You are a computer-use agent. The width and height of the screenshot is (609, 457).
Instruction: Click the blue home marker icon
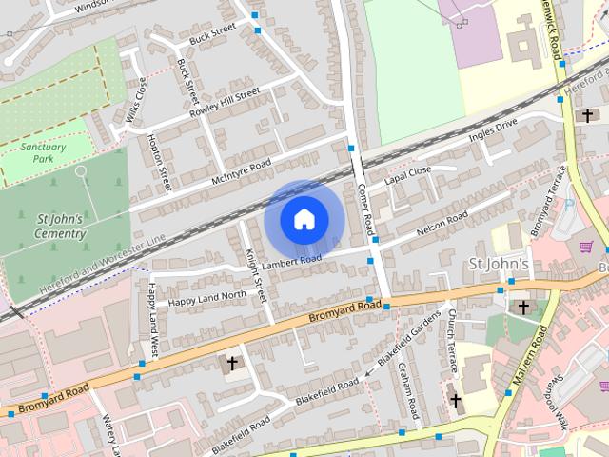303,220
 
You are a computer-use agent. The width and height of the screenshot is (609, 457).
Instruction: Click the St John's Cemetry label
61,227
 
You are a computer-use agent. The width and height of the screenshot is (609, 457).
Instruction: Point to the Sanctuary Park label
45,152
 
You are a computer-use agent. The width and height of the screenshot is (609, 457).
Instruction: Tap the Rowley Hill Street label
226,102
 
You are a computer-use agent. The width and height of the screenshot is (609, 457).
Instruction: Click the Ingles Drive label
493,131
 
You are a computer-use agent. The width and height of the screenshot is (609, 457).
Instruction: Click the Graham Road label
407,390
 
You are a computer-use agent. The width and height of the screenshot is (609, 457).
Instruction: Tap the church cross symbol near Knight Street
231,363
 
